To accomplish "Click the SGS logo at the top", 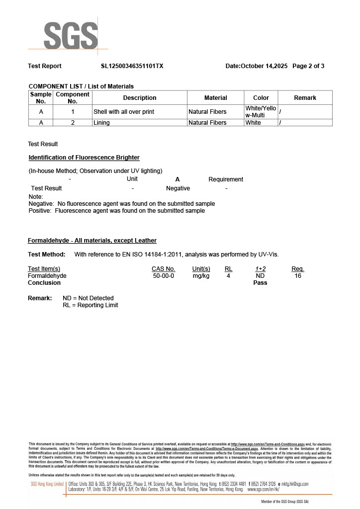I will click(x=70, y=36).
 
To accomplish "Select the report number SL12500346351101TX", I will click(x=132, y=66).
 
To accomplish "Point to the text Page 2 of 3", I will click(x=308, y=66).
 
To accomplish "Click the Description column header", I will click(x=140, y=98).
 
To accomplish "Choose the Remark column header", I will click(x=305, y=98).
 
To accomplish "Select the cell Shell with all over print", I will click(x=124, y=112).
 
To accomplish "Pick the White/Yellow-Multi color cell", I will click(x=261, y=112).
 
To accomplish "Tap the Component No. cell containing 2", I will click(x=73, y=123).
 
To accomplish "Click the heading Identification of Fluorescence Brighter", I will click(x=84, y=158).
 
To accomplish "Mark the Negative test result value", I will click(x=178, y=188).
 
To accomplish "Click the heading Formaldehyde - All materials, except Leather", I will click(x=92, y=241).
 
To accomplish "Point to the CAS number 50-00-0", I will click(x=164, y=276).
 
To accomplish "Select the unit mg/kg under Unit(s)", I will click(x=201, y=276).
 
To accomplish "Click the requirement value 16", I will click(x=298, y=276).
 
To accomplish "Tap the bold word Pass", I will click(x=260, y=283).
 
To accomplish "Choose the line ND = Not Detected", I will click(x=88, y=298).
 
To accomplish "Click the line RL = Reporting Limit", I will click(x=90, y=305).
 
